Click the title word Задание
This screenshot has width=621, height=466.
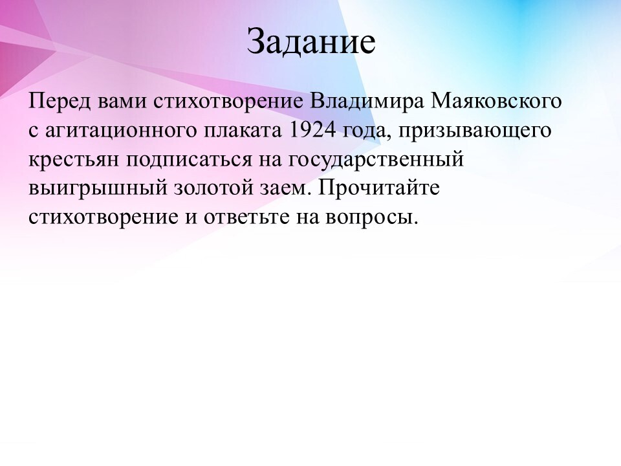tap(311, 41)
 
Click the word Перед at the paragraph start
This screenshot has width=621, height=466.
tap(60, 102)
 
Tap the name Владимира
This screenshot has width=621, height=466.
tap(367, 102)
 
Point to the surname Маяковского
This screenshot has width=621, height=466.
tap(496, 102)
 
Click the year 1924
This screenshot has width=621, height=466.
tap(312, 130)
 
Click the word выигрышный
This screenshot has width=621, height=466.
tap(98, 188)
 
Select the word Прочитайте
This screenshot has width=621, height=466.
tap(378, 188)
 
